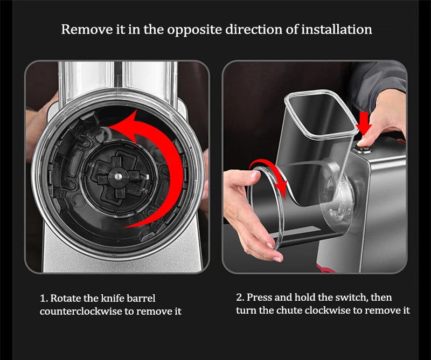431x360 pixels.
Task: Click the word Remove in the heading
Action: (87, 30)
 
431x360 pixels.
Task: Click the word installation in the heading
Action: (337, 30)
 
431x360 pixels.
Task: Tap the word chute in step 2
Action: (289, 310)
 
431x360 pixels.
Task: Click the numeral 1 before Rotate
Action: (43, 299)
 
